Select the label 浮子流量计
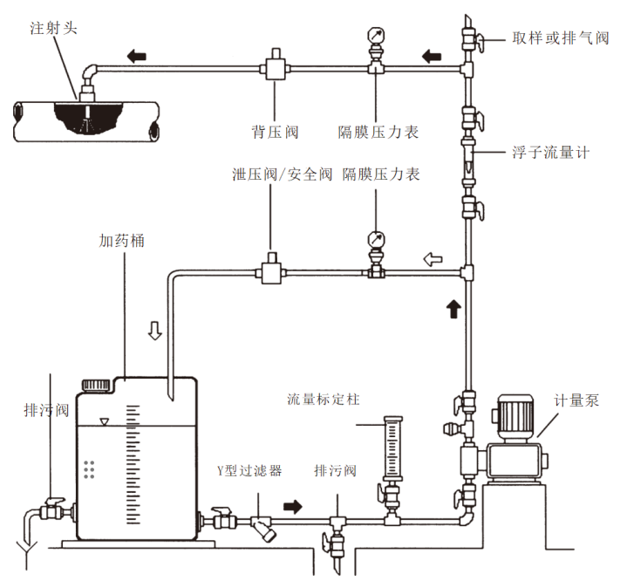click(550, 152)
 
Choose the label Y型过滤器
click(249, 470)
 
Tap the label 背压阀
click(275, 132)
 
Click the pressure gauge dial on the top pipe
click(377, 36)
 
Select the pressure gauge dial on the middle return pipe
click(377, 239)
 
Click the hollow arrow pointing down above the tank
click(155, 332)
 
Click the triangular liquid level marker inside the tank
click(106, 422)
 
